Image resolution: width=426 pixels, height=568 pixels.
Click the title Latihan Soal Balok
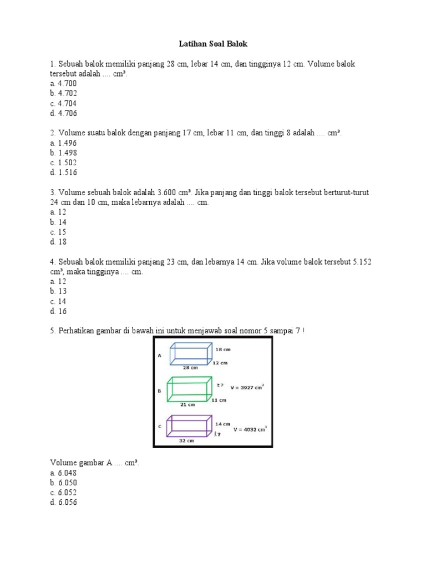coord(212,43)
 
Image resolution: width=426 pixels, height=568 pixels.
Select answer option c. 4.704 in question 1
coord(63,103)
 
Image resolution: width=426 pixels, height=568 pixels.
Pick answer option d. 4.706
coord(63,113)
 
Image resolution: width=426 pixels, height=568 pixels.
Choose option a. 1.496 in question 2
coord(63,143)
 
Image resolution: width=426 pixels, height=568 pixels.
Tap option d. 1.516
coord(63,173)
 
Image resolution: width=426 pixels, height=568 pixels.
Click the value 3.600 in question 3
coord(168,192)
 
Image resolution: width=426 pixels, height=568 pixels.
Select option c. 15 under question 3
coord(58,232)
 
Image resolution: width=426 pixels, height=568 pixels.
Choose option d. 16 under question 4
coord(58,311)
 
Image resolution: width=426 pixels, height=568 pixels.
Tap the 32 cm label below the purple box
coord(186,441)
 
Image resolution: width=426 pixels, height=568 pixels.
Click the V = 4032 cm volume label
coord(250,428)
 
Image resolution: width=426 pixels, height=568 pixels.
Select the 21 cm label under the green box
coord(189,404)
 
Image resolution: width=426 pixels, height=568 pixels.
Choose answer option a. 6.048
coord(63,473)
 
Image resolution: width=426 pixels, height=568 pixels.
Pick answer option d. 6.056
coord(63,503)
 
